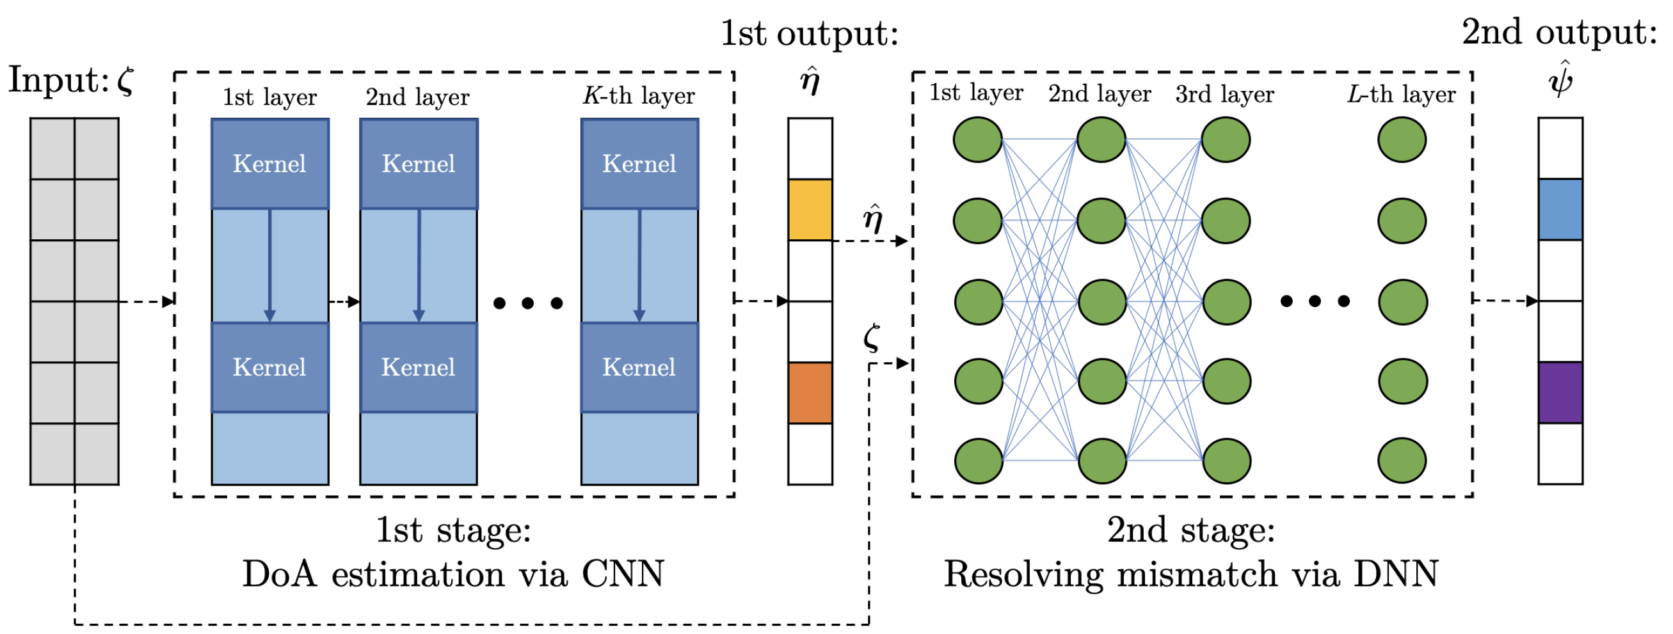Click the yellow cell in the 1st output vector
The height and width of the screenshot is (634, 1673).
point(810,210)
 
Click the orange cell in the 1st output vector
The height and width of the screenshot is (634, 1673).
point(810,393)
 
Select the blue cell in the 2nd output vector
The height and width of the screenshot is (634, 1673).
point(1560,210)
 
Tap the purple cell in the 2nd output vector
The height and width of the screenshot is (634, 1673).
point(1560,393)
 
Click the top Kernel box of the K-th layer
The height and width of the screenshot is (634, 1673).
point(639,164)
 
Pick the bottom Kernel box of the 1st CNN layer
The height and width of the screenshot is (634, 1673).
point(269,367)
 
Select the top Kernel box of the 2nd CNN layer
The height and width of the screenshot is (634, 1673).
point(419,164)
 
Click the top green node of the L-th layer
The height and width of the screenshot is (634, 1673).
point(1402,139)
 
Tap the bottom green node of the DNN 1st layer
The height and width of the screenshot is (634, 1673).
point(978,461)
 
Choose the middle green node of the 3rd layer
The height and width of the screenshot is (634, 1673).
point(1226,302)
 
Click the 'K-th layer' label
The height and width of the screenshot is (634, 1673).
point(639,96)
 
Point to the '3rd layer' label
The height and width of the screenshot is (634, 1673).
point(1224,94)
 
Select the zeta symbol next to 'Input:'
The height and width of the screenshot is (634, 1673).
point(125,81)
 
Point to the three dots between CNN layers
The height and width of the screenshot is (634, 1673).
point(528,303)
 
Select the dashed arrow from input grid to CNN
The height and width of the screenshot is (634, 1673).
point(147,301)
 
